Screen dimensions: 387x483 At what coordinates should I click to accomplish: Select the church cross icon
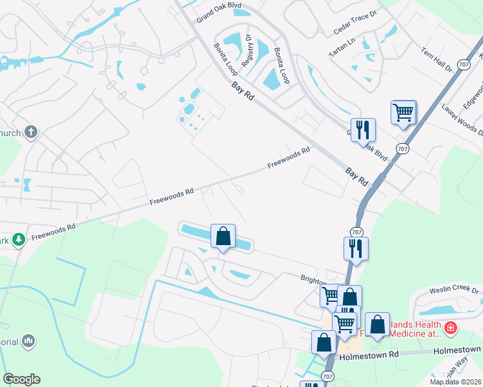(30, 133)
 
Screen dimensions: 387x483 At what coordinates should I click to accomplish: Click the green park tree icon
(19, 239)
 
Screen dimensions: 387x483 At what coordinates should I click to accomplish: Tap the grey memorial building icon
(28, 340)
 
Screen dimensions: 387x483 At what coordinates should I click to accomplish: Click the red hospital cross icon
(450, 329)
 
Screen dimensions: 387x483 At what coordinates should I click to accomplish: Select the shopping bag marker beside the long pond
(223, 236)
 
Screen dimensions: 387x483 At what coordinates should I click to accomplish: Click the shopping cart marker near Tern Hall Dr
(404, 112)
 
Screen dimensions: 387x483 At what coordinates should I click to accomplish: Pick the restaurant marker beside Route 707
(356, 248)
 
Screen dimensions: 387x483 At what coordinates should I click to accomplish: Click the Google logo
(21, 379)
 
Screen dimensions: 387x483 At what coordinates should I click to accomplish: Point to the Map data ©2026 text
(455, 382)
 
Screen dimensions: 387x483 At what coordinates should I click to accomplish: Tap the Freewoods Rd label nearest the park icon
(54, 230)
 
